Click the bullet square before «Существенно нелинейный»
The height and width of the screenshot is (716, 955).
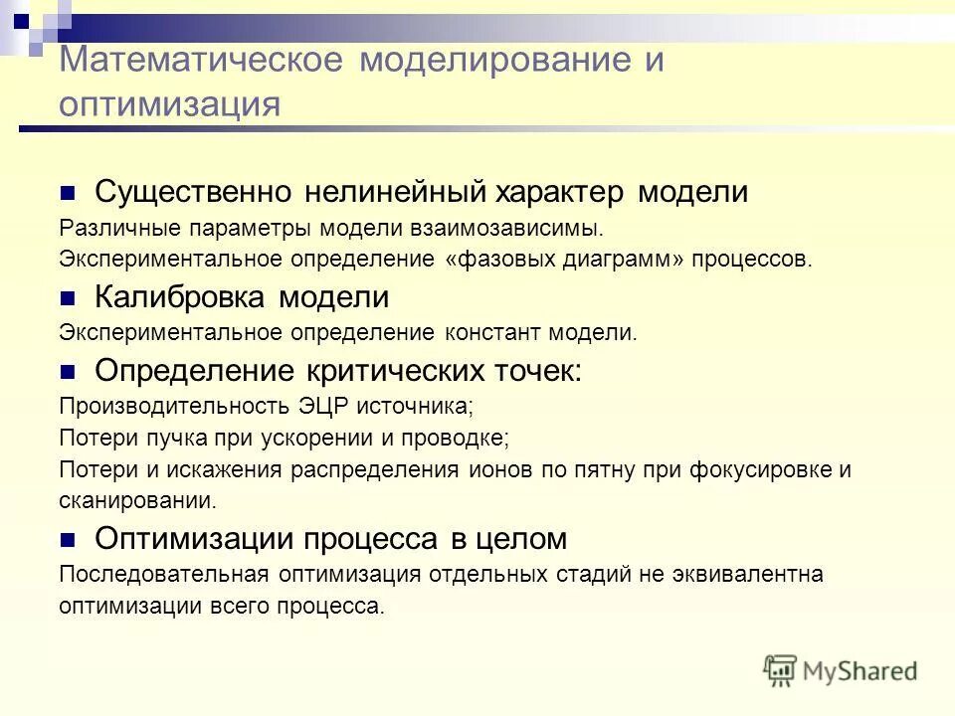(x=68, y=192)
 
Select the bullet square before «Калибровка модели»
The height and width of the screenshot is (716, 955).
(x=68, y=298)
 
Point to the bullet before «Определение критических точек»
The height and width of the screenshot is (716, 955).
(x=68, y=372)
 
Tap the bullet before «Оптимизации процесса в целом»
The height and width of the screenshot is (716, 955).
(x=68, y=540)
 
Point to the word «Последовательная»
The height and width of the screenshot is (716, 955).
(x=150, y=574)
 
